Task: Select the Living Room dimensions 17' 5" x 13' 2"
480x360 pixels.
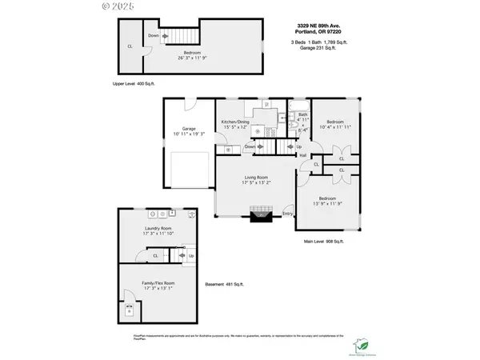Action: click(x=256, y=183)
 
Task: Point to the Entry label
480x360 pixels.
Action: click(x=287, y=214)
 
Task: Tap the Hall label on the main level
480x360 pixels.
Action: click(x=304, y=154)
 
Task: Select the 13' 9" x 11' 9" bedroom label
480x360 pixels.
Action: click(x=327, y=203)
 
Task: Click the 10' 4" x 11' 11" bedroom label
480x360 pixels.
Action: click(x=335, y=126)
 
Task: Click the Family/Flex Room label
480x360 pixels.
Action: click(x=158, y=286)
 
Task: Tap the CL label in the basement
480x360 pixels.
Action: click(x=155, y=256)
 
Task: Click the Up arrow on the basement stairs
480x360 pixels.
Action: click(x=191, y=256)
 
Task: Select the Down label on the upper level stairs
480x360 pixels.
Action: click(x=153, y=35)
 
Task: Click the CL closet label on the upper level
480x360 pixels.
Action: click(x=130, y=46)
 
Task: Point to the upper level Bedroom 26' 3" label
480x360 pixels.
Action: click(x=191, y=58)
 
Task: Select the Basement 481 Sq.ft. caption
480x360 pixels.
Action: click(x=225, y=284)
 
